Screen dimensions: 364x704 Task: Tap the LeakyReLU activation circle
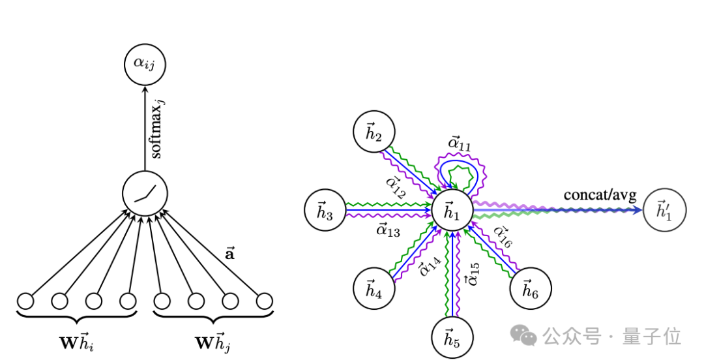(144, 195)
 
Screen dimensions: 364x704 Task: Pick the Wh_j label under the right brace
(213, 342)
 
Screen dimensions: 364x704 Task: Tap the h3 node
(325, 211)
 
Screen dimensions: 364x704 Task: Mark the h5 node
(452, 337)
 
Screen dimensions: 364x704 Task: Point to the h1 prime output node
(664, 211)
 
